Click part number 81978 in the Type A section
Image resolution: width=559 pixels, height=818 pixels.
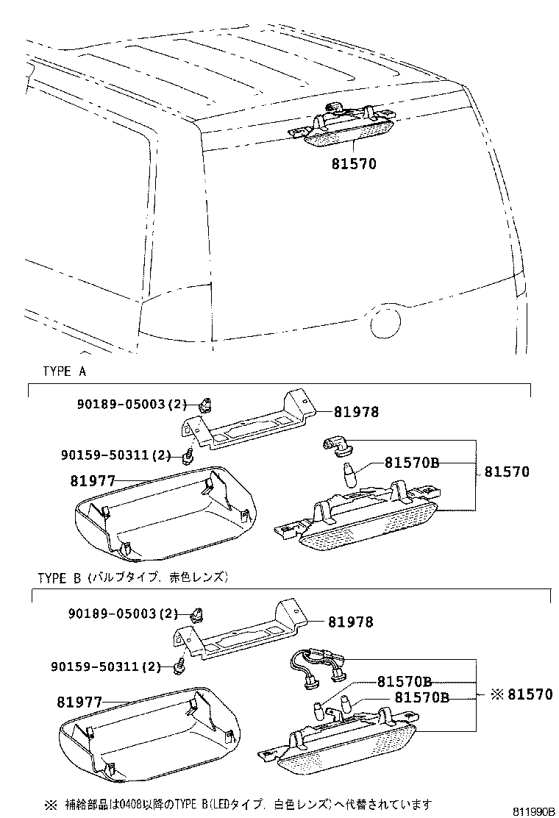356,412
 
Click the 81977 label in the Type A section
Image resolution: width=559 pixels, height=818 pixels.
93,481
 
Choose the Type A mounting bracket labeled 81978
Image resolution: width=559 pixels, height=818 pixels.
246,427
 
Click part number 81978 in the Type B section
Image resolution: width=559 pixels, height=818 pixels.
350,622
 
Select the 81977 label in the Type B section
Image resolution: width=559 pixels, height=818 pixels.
79,703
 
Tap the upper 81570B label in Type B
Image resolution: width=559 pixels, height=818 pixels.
404,682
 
